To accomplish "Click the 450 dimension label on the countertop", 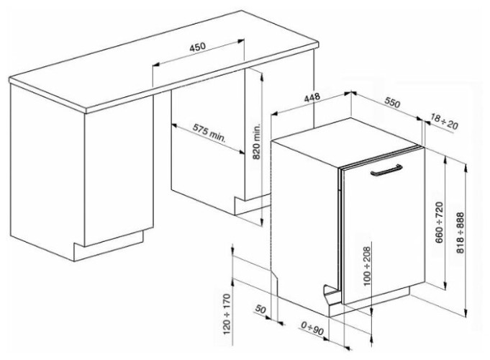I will [197, 47].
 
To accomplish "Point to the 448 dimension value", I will [310, 99].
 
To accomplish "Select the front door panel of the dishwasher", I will [381, 230].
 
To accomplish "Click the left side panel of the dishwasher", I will [302, 216].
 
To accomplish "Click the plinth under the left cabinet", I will [108, 245].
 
